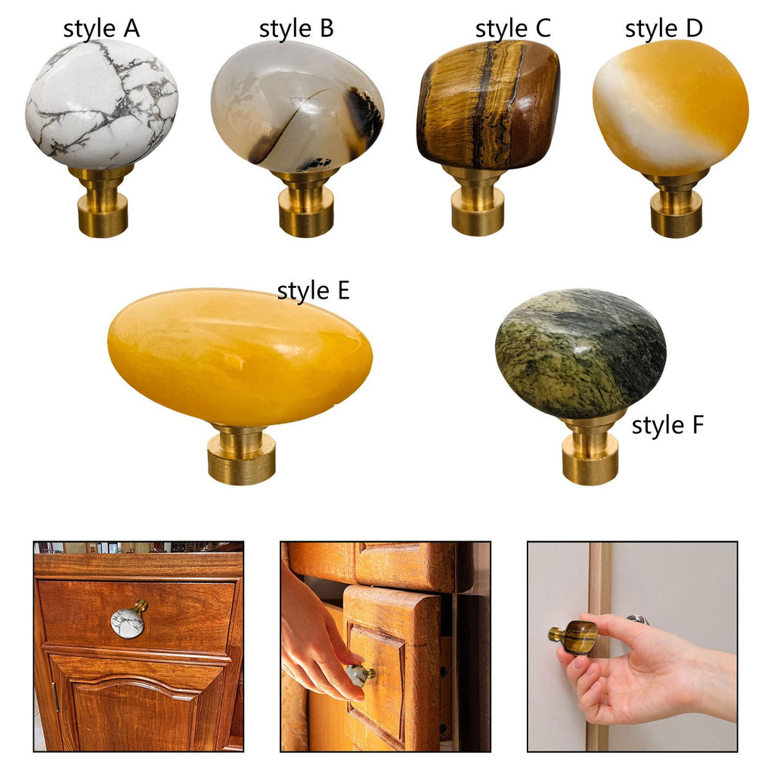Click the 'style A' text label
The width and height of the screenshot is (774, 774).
[101, 29]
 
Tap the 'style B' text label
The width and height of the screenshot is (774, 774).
[296, 29]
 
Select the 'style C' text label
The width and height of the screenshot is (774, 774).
[513, 29]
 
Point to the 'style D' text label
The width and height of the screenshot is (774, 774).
[664, 29]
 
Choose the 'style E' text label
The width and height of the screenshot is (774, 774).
[314, 290]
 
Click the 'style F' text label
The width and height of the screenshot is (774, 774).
[667, 426]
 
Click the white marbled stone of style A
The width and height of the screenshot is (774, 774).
[101, 104]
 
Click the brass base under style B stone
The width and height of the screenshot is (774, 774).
[305, 203]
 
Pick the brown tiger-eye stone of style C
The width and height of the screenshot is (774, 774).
[489, 104]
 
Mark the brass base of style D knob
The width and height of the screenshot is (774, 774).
[676, 204]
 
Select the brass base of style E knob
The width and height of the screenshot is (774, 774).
[241, 454]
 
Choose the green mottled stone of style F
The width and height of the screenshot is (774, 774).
[581, 354]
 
